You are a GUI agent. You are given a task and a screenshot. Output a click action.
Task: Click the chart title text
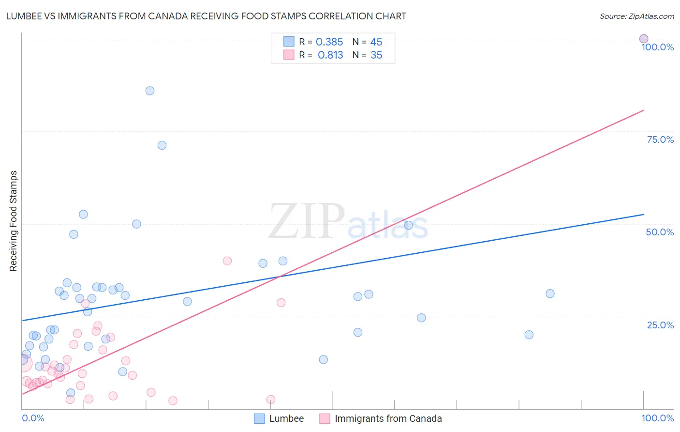[x=206, y=16]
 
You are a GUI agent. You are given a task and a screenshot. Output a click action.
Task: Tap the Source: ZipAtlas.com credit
[x=636, y=16]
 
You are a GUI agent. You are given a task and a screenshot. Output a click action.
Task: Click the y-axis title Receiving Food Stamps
[x=13, y=221]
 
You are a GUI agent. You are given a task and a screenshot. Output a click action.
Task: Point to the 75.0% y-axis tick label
[x=660, y=139]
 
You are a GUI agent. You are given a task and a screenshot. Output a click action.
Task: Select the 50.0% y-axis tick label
[x=660, y=232]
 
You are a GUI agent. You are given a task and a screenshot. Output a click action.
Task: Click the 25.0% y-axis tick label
[x=660, y=325]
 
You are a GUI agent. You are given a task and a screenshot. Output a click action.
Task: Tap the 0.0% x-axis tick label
[x=33, y=418]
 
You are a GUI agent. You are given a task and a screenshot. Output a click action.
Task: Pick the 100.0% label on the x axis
[x=657, y=418]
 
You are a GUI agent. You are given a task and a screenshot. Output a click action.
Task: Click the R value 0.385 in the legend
[x=329, y=42]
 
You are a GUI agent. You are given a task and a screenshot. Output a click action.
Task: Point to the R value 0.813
[x=330, y=55]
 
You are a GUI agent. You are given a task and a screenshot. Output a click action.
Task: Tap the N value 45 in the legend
[x=376, y=42]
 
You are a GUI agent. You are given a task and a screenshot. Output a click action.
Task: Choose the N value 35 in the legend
[x=376, y=55]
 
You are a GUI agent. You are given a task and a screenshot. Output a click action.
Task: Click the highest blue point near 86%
[x=150, y=91]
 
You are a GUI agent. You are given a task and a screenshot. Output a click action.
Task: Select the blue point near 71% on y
[x=162, y=145]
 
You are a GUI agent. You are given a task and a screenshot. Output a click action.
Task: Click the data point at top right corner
[x=644, y=39]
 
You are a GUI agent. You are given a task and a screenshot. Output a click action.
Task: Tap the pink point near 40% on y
[x=227, y=261]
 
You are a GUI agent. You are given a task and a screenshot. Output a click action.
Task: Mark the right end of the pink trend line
[x=643, y=110]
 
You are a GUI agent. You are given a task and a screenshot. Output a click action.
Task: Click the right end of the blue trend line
[x=643, y=214]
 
